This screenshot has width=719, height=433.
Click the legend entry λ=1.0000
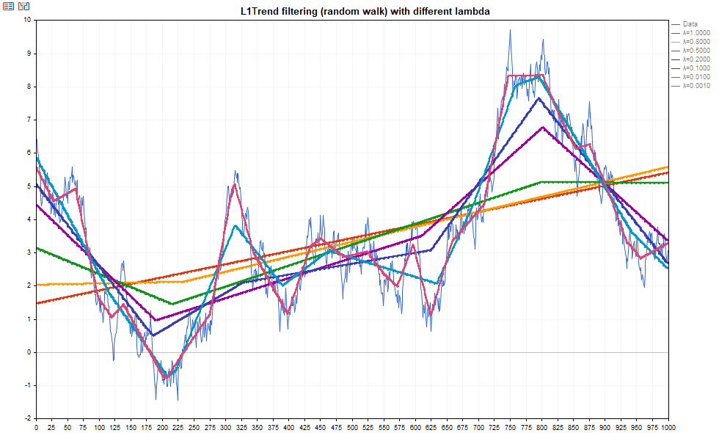coord(696,33)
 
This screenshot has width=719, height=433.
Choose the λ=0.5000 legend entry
coord(696,51)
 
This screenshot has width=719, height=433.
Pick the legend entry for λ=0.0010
coord(696,86)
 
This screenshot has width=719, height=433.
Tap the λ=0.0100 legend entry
coord(696,77)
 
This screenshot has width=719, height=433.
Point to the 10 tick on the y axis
coord(27,20)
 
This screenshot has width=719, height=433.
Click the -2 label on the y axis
coord(28,419)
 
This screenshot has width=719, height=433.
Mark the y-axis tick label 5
coord(29,186)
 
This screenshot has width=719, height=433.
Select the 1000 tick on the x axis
coord(668,426)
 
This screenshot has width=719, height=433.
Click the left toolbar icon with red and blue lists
coord(8,6)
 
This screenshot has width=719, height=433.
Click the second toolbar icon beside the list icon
coord(24,6)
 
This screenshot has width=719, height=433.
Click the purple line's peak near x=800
coord(542,127)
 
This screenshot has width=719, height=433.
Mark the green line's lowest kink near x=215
coord(172,304)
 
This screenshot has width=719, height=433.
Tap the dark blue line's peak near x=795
coord(539,98)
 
